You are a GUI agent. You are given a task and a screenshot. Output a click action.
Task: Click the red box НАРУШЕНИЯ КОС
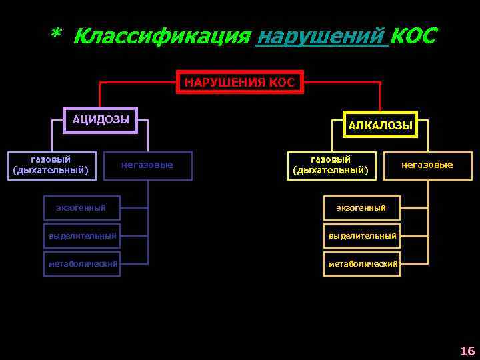click(239, 82)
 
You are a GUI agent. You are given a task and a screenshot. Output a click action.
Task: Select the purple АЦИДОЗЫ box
click(101, 120)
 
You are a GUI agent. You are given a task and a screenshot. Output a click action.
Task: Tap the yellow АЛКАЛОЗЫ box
click(380, 125)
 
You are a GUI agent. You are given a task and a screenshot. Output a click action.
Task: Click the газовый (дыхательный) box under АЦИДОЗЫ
click(51, 165)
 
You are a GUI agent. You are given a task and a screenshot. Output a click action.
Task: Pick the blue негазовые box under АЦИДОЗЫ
click(147, 165)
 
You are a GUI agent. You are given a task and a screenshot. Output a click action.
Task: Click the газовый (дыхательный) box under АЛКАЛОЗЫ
click(330, 165)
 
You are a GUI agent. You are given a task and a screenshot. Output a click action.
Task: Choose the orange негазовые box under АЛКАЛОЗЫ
click(427, 165)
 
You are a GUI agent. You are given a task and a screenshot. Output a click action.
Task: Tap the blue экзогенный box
click(81, 208)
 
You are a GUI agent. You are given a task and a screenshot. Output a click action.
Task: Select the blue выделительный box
click(82, 235)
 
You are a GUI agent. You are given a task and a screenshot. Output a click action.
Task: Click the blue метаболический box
click(82, 263)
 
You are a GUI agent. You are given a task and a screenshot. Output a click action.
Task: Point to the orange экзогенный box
click(361, 208)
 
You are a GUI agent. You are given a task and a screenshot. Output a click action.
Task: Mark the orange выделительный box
click(361, 235)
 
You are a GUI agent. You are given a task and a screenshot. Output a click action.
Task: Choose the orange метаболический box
click(362, 263)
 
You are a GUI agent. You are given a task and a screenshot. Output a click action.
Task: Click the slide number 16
click(467, 351)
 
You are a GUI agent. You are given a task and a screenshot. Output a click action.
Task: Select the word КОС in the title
click(413, 36)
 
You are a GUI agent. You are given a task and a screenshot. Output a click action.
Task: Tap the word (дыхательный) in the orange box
click(330, 170)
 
